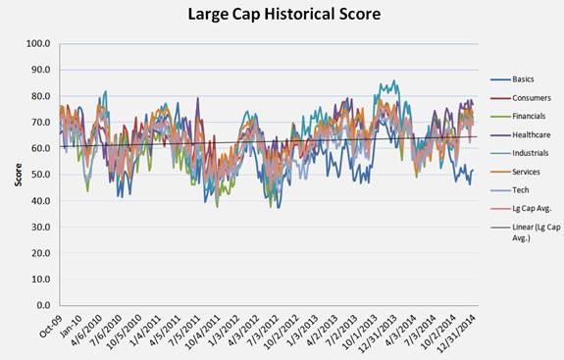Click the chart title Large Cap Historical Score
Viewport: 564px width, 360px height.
[284, 15]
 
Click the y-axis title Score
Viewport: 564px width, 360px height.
[18, 175]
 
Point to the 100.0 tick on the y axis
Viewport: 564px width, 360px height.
[38, 43]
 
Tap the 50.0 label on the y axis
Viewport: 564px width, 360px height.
[40, 175]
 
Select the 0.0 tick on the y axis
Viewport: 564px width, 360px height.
[42, 305]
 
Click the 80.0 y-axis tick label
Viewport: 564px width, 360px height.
[40, 96]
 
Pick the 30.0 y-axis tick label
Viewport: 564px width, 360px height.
[40, 227]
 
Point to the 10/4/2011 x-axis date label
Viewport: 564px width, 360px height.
[203, 332]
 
